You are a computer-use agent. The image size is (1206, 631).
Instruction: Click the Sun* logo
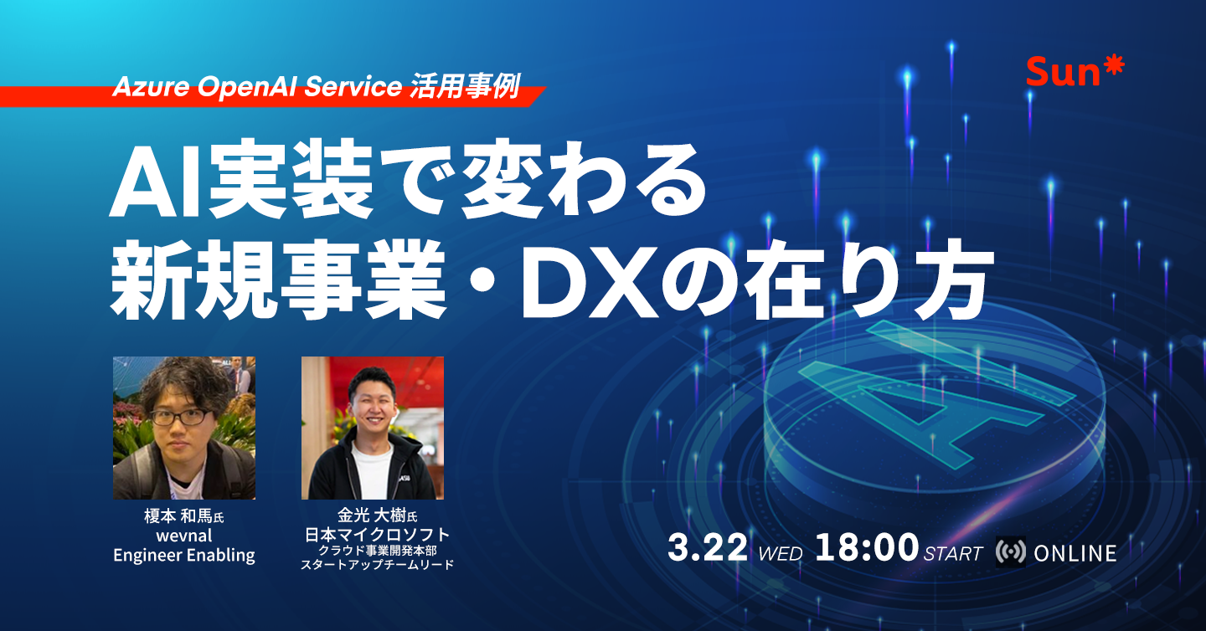click(1075, 73)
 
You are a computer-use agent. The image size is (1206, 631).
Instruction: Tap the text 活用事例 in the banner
click(466, 86)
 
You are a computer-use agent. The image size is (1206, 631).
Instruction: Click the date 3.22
click(707, 550)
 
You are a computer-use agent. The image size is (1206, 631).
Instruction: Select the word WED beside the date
click(780, 554)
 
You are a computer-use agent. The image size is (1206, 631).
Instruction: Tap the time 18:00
click(866, 550)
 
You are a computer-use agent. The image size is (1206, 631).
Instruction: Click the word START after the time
click(953, 554)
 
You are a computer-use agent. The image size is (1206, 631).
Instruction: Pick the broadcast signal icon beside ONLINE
click(1010, 552)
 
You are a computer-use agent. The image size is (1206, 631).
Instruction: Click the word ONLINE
click(1075, 553)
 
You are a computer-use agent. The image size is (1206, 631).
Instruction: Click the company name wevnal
click(184, 536)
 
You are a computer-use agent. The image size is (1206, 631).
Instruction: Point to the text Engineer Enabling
click(184, 555)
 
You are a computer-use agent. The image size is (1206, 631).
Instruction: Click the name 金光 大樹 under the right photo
click(369, 516)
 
